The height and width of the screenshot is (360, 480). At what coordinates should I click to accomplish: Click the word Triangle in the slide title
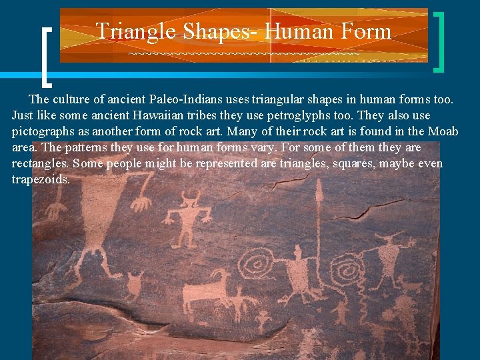click(x=135, y=31)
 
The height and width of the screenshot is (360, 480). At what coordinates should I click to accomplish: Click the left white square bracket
click(x=47, y=57)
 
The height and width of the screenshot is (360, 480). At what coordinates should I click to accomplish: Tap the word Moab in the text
click(x=443, y=131)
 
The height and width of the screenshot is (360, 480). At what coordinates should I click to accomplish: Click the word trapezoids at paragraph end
click(x=41, y=179)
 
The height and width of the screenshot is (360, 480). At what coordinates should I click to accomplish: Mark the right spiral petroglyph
click(x=347, y=270)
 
